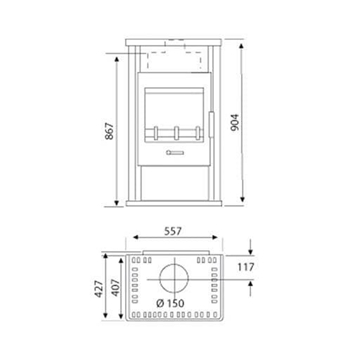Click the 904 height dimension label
tap(235, 122)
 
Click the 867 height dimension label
tap(110, 131)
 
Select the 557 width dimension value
tap(173, 231)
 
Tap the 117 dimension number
tap(246, 267)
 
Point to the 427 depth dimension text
tap(99, 289)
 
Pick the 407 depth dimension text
tap(115, 287)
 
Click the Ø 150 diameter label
tap(170, 303)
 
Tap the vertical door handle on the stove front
tap(211, 125)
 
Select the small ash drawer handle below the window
tap(175, 153)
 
